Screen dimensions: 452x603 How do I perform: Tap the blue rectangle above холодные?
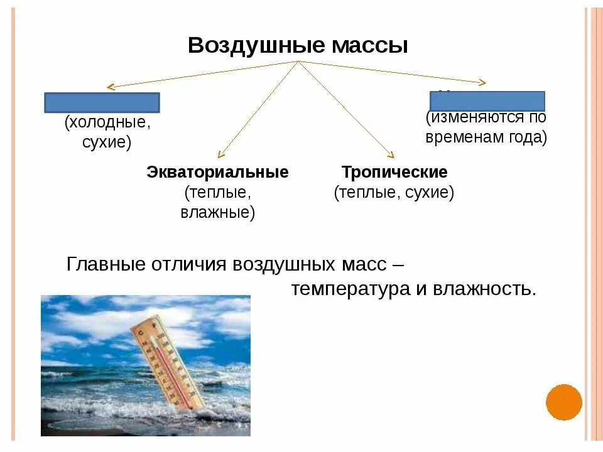(102, 103)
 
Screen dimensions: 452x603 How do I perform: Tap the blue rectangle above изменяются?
(487, 101)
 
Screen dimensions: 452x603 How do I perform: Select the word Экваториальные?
(217, 173)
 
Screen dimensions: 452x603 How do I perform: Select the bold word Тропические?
(394, 173)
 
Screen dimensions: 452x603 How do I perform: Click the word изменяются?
(480, 117)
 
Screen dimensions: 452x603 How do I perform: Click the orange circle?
(564, 402)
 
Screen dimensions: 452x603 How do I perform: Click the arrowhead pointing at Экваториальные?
(220, 154)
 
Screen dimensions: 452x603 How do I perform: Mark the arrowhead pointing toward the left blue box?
(110, 87)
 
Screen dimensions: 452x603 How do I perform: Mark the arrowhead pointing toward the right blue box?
(482, 82)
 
